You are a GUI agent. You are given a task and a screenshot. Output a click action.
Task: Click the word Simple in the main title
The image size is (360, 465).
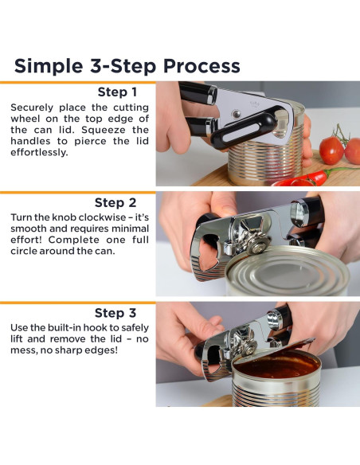click(x=49, y=66)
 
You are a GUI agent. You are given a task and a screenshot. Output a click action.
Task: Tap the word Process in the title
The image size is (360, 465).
click(x=202, y=65)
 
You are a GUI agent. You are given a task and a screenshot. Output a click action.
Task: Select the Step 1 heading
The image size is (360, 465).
click(x=117, y=92)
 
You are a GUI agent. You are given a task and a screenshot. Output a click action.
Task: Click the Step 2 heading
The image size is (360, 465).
click(x=115, y=203)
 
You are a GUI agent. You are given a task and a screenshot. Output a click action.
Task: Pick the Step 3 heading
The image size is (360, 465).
click(x=115, y=313)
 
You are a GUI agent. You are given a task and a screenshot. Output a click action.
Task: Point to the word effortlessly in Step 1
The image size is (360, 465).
click(x=40, y=152)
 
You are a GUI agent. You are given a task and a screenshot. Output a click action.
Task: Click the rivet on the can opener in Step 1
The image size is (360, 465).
click(x=237, y=114)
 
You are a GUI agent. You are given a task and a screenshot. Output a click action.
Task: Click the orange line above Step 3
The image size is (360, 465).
click(x=78, y=303)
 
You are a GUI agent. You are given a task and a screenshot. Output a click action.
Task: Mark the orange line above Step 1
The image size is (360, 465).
click(x=78, y=83)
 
